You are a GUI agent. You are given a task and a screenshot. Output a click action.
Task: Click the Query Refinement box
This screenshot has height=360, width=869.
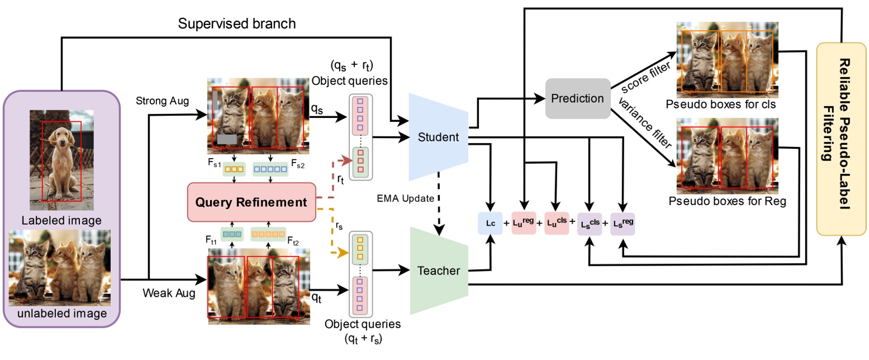pos(251,202)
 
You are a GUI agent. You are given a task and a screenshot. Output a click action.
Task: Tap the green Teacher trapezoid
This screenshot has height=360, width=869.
pos(438,271)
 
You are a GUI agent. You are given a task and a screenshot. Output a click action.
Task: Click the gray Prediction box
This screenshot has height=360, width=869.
pos(577,98)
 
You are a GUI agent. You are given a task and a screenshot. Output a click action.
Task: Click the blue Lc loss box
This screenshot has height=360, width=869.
pos(490,223)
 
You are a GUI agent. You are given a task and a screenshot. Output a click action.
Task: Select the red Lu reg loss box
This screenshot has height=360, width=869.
pos(524,223)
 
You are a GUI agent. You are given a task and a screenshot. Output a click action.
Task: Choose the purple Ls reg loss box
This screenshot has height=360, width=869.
pos(622,223)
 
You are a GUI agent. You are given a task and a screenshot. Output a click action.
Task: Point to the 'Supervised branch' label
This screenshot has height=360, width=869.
pos(236,23)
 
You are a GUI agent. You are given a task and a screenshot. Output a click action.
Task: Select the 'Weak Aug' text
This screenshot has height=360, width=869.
pos(169,293)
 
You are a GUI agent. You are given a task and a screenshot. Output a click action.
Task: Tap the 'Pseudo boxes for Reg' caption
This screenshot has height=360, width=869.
pos(727,202)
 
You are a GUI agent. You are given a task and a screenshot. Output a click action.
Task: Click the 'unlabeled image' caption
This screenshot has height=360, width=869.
pos(61,314)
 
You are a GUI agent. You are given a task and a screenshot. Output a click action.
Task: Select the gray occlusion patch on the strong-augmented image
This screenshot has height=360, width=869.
pos(228,138)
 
